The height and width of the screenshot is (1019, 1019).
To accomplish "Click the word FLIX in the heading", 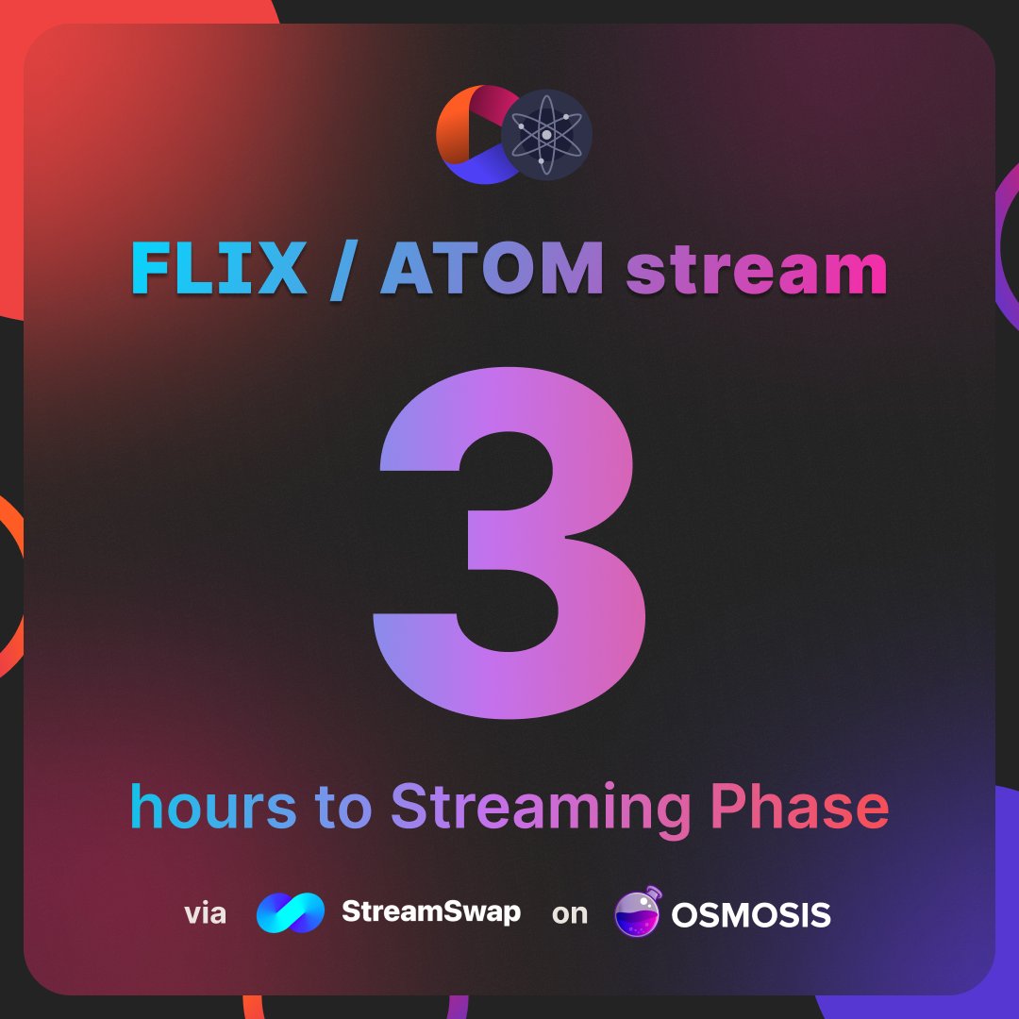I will (x=218, y=270).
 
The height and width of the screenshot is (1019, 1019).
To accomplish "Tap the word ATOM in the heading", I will (x=492, y=270).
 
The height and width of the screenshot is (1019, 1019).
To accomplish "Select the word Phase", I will (x=800, y=808).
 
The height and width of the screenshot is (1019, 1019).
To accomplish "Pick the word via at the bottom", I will (x=205, y=913).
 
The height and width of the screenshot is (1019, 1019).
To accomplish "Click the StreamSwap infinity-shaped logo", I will (x=291, y=913).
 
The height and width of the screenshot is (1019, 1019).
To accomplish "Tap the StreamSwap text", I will (x=430, y=912).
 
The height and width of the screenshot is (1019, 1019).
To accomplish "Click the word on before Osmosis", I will (x=569, y=913).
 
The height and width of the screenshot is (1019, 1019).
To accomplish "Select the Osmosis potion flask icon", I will (x=638, y=912).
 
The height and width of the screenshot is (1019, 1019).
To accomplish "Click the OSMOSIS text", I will (x=751, y=913).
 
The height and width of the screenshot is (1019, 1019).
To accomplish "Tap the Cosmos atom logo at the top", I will (x=546, y=135).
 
